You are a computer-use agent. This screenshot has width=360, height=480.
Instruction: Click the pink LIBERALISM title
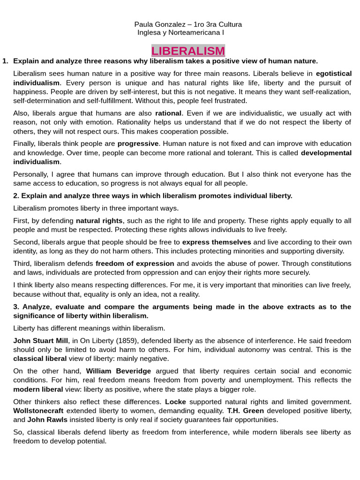(x=188, y=51)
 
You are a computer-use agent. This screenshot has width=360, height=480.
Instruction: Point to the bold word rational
(x=168, y=113)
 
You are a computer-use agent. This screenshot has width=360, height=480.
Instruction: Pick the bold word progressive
(x=138, y=143)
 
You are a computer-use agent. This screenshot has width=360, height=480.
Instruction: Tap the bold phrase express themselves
(x=217, y=242)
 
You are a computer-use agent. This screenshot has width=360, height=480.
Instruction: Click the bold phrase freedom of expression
(x=135, y=263)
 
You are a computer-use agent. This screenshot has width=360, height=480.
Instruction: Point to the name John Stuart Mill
(x=41, y=340)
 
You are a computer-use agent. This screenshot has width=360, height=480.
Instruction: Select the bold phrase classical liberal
(x=40, y=359)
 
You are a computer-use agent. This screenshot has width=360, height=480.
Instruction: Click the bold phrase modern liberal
(x=38, y=389)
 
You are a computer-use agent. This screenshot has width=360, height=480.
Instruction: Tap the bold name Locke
(x=176, y=402)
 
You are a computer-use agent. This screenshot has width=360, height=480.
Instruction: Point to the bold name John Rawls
(x=47, y=420)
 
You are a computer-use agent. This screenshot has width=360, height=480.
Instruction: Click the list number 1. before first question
(x=5, y=61)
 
